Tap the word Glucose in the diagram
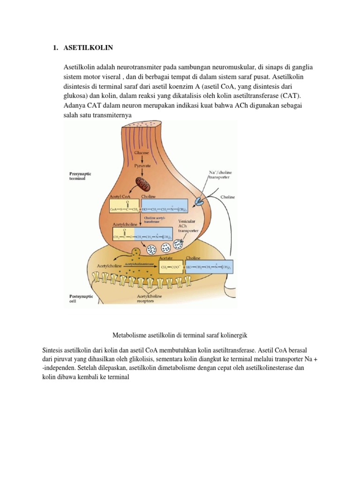pos(142,153)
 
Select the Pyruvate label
pos(142,166)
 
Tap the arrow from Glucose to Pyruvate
pos(142,159)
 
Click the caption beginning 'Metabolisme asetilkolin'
pos(180,335)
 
